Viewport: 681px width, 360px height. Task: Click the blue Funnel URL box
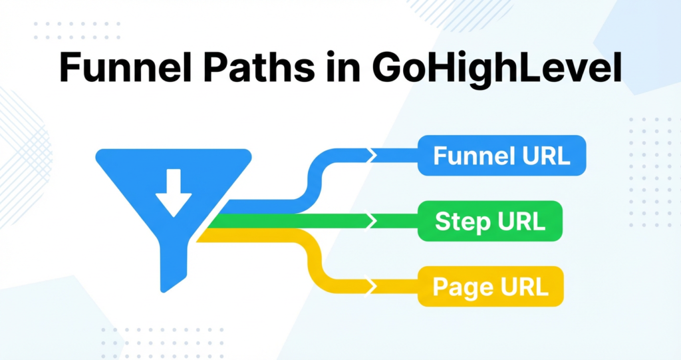click(501, 156)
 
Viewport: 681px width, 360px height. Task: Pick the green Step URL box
click(490, 222)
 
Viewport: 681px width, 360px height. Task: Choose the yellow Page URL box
click(490, 287)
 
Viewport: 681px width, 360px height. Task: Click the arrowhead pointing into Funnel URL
click(372, 156)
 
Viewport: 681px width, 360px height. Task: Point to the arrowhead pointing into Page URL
click(372, 287)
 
